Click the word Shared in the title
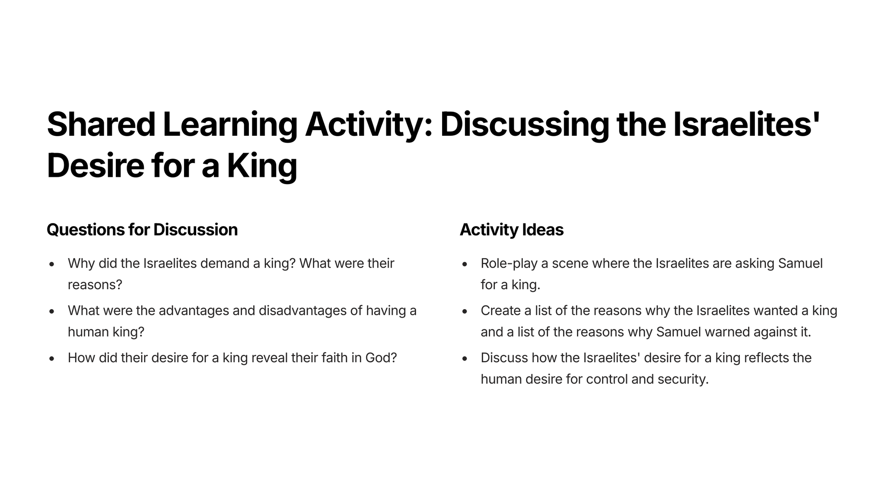click(x=101, y=124)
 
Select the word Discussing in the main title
click(x=524, y=126)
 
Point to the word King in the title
click(x=262, y=167)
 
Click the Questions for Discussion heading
click(x=142, y=230)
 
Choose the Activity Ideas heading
click(x=512, y=230)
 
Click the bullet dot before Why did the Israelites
click(x=52, y=264)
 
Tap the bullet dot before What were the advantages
click(x=52, y=311)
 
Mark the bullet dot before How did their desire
click(x=52, y=358)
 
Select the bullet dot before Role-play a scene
click(x=465, y=264)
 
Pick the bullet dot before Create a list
click(x=465, y=311)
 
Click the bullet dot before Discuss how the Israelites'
click(x=465, y=358)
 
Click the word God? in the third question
click(x=381, y=358)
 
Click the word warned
click(x=727, y=332)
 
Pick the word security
click(x=683, y=380)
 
